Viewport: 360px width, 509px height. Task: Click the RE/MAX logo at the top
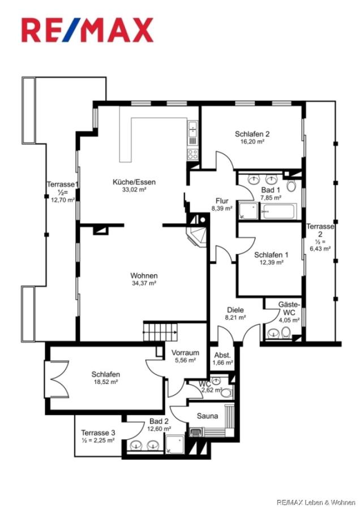87,30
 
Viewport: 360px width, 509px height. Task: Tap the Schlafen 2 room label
252,133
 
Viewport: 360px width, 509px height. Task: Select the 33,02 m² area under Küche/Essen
134,189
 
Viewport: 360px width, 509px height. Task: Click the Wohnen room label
144,275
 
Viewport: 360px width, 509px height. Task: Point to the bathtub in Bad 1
278,211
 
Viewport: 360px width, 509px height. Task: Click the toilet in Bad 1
291,186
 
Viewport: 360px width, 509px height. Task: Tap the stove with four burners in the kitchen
192,153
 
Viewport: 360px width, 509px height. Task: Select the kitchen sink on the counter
192,128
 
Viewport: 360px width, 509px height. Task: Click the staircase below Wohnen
160,331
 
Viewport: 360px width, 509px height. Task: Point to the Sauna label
207,416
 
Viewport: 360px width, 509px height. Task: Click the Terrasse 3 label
98,433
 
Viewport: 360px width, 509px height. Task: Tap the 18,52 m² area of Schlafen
106,382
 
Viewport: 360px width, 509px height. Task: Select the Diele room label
235,310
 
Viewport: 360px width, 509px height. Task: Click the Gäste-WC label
289,308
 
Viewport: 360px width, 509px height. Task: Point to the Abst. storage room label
222,355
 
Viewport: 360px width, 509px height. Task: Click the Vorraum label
185,352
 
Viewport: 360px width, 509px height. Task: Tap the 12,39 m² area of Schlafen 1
271,262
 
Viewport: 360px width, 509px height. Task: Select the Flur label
222,201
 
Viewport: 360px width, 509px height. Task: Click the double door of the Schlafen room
58,379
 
